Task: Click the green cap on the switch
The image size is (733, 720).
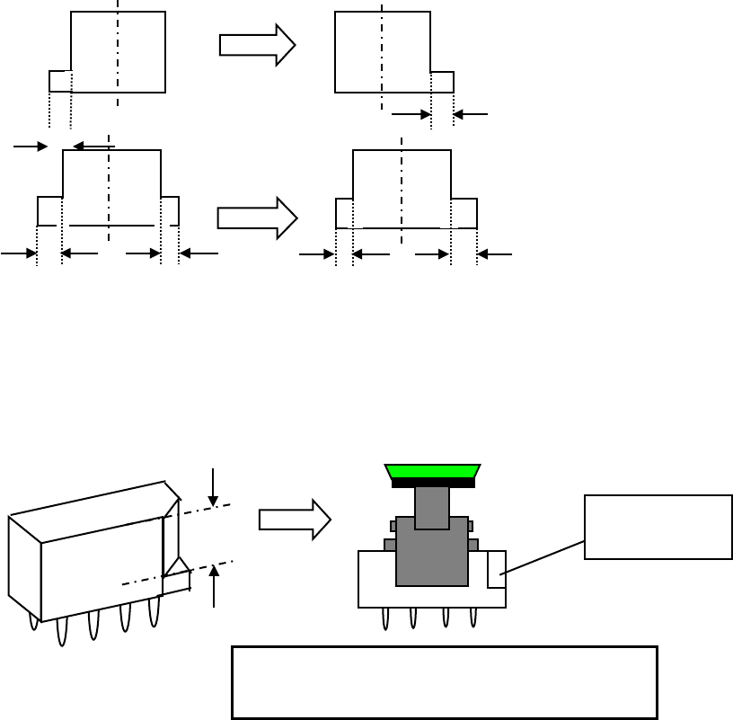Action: (432, 472)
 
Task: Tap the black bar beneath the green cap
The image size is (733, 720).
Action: (433, 484)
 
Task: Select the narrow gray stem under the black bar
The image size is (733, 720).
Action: (432, 507)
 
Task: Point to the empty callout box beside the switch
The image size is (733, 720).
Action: (658, 527)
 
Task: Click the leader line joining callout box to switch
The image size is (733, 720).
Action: (542, 557)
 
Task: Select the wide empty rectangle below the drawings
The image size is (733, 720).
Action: (444, 682)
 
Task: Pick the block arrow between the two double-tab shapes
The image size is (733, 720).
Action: (257, 218)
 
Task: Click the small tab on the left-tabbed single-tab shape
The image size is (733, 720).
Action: (60, 81)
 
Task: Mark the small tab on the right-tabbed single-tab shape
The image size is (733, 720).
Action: (442, 82)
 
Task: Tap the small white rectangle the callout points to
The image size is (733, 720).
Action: (496, 570)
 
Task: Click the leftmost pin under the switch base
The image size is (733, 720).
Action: (385, 618)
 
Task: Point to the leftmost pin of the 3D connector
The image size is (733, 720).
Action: (34, 621)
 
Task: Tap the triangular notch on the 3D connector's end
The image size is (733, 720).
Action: (177, 567)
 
